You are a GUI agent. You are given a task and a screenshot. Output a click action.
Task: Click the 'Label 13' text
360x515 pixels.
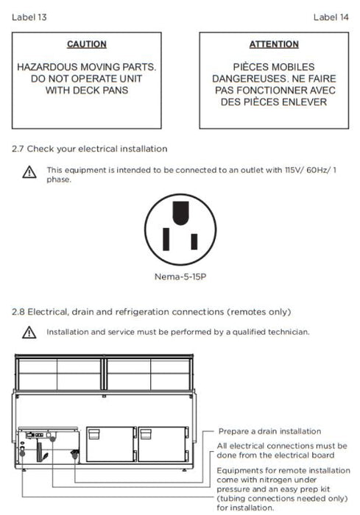(29, 17)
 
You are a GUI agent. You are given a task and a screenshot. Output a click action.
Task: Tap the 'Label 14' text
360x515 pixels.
(331, 17)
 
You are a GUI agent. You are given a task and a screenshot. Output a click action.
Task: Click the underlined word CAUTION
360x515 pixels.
(87, 44)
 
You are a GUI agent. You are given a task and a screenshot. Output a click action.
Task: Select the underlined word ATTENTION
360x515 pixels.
(274, 44)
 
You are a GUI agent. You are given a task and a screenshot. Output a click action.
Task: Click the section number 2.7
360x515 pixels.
(18, 149)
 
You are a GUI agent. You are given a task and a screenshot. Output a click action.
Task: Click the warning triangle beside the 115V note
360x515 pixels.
(29, 172)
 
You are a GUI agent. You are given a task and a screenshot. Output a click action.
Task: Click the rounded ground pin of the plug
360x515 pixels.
(180, 213)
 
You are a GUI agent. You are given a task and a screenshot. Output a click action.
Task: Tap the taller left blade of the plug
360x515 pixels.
(166, 239)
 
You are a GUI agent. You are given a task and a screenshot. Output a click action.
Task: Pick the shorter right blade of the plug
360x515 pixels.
(194, 242)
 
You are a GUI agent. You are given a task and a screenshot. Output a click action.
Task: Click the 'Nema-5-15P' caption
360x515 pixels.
(180, 277)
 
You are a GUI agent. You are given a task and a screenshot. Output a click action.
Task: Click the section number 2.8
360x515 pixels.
(18, 312)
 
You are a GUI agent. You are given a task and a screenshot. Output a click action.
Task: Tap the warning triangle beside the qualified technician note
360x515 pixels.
(29, 333)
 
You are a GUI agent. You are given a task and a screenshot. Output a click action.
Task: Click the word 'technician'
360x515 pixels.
(289, 332)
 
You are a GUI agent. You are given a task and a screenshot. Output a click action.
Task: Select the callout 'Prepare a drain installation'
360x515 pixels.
(269, 431)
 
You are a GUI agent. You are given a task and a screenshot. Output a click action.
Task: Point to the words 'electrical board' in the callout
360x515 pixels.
(303, 455)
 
